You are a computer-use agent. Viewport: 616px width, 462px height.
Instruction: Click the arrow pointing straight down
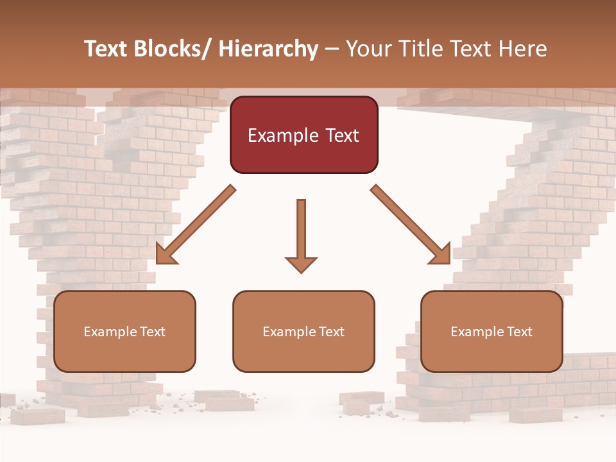301,231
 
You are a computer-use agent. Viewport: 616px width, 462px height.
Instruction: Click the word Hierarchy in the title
268,49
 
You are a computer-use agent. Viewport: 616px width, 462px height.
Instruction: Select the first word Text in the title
107,49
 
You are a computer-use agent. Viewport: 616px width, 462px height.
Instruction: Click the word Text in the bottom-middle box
331,332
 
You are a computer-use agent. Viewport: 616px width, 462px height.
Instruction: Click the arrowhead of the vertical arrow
301,264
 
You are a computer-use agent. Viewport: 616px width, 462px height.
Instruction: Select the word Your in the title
366,49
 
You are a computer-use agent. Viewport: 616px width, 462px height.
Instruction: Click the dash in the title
332,49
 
